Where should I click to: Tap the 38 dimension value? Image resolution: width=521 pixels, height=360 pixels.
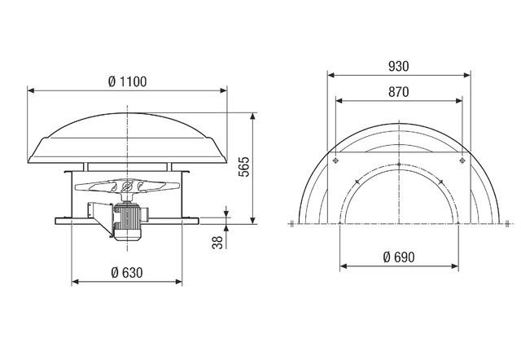pos(217,242)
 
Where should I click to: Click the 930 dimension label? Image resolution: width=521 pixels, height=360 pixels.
pos(399,64)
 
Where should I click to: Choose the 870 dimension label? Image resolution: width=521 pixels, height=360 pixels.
pos(399,93)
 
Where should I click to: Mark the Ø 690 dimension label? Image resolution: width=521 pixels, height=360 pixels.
pos(399,257)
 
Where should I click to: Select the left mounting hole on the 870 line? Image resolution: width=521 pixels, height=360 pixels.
pos(335,161)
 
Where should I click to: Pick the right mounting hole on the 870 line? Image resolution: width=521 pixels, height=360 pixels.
pos(462,161)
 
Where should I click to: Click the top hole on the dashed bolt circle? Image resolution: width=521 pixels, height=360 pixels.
pos(399,167)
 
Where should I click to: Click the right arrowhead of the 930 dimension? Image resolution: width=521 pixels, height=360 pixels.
pos(469,73)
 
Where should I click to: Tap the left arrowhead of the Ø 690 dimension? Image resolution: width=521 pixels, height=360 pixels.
pos(343,266)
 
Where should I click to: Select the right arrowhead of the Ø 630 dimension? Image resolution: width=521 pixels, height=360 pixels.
pos(182,281)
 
